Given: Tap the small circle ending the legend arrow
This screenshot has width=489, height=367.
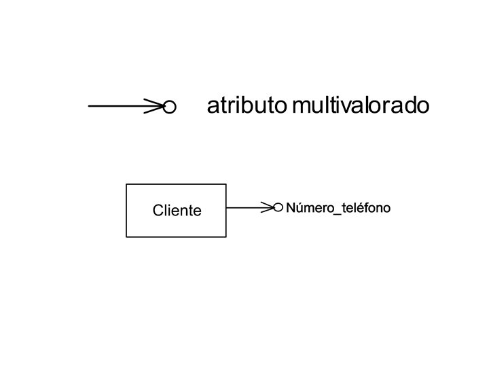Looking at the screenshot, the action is [170, 107].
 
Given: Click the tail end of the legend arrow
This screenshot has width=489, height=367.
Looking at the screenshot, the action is [90, 106].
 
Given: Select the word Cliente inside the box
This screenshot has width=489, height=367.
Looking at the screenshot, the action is [177, 211].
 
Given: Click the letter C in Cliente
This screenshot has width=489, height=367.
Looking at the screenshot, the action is [158, 211].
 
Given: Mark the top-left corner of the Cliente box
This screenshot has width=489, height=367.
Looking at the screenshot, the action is [126, 184].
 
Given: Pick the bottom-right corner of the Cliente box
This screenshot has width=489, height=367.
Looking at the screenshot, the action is [225, 237].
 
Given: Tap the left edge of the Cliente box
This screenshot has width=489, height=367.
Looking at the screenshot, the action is [126, 211].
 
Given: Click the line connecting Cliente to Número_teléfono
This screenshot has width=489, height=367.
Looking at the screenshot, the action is [244, 207].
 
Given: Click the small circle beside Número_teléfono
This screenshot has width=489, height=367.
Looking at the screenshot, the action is [278, 207].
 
